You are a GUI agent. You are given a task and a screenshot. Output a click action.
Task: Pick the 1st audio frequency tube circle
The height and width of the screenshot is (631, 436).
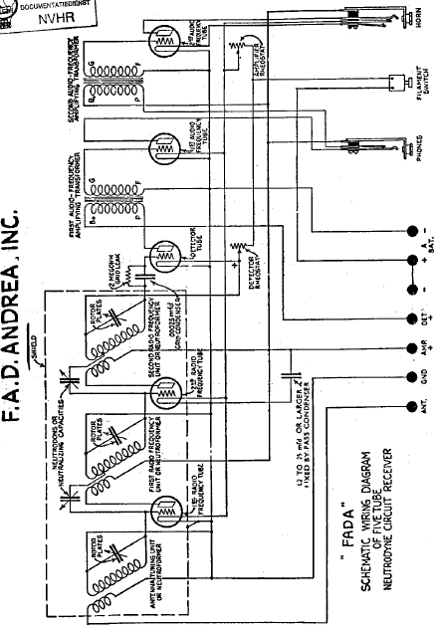(x=161, y=150)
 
